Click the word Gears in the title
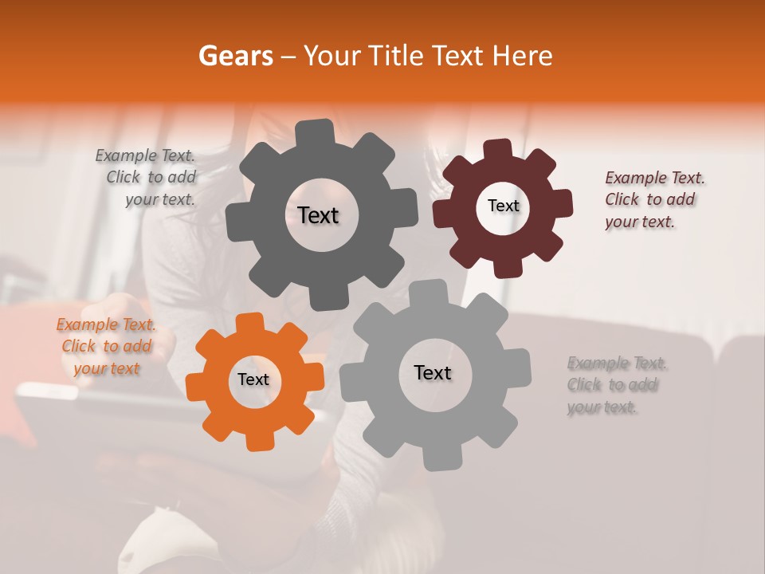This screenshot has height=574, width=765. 236,56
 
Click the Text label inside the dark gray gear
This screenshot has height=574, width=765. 318,215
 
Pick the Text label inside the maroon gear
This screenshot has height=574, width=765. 503,206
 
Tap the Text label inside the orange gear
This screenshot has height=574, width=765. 253,379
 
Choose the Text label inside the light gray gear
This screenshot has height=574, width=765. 433,372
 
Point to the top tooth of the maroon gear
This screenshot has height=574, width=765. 498,149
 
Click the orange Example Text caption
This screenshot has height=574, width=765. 107,346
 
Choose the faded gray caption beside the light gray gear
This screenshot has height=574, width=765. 614,385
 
